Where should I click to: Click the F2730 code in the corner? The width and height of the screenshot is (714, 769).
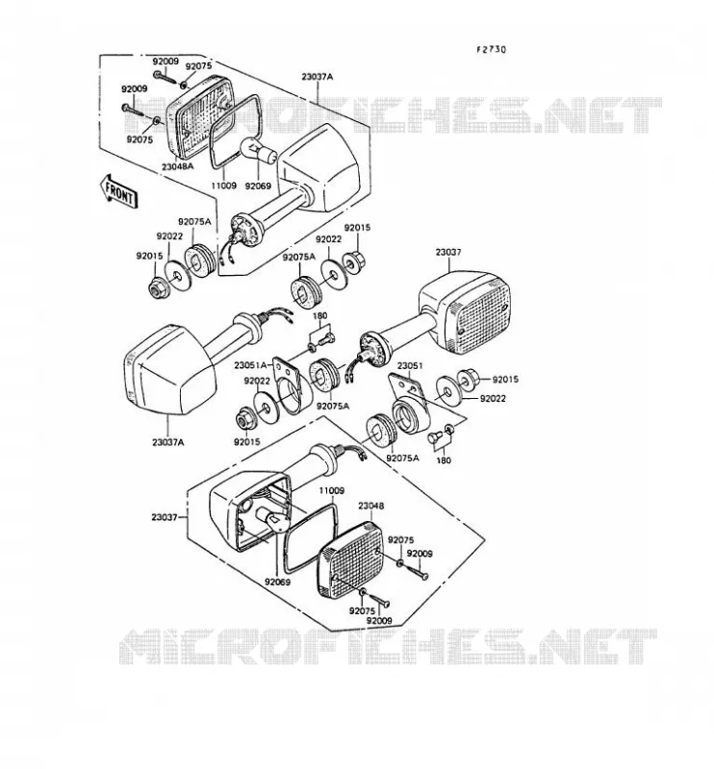click(x=491, y=49)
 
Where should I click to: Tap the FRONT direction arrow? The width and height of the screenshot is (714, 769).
click(x=119, y=192)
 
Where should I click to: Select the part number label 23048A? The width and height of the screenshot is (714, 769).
click(x=177, y=166)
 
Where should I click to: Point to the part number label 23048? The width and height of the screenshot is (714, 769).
click(x=370, y=506)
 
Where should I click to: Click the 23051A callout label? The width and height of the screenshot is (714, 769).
click(x=250, y=365)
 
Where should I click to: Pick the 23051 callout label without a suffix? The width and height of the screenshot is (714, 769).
click(x=410, y=366)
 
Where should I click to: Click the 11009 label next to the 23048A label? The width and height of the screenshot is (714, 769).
click(x=223, y=186)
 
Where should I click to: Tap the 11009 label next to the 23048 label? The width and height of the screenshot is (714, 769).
click(x=331, y=490)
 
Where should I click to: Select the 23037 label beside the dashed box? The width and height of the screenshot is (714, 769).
click(x=165, y=517)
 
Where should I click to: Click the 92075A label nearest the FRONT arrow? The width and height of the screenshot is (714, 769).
click(x=194, y=222)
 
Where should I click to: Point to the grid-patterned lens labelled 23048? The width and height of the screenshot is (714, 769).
click(x=350, y=560)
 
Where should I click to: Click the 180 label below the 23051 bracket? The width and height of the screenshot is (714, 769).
click(x=444, y=460)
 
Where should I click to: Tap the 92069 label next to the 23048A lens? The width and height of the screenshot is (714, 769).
click(x=258, y=186)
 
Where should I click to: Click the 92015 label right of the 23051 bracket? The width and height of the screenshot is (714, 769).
click(x=505, y=379)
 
